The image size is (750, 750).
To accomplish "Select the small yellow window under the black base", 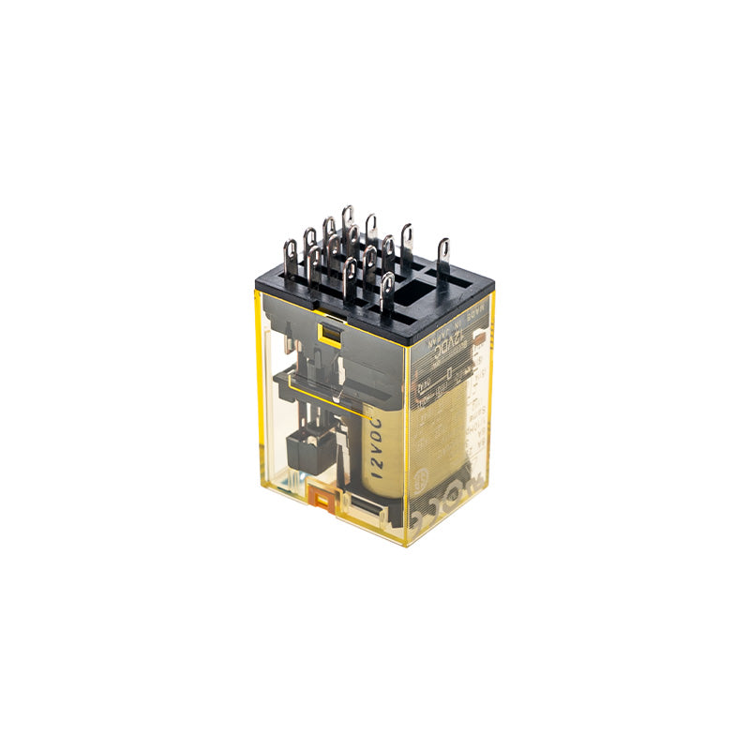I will (x=329, y=330).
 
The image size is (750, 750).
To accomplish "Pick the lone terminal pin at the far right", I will (x=443, y=256).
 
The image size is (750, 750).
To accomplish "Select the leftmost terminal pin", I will (x=292, y=254).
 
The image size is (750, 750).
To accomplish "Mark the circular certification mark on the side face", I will (x=449, y=476).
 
